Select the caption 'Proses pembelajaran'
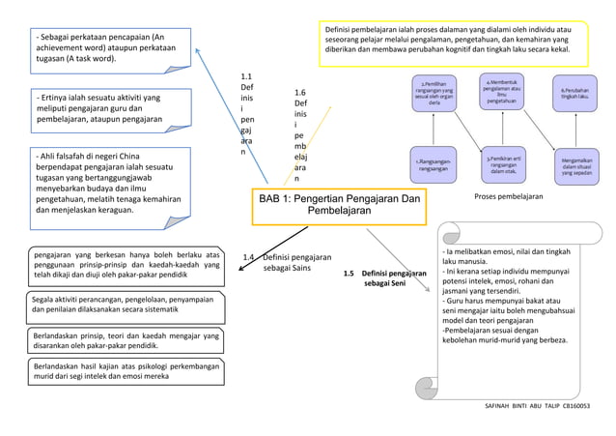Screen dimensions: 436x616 510,197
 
